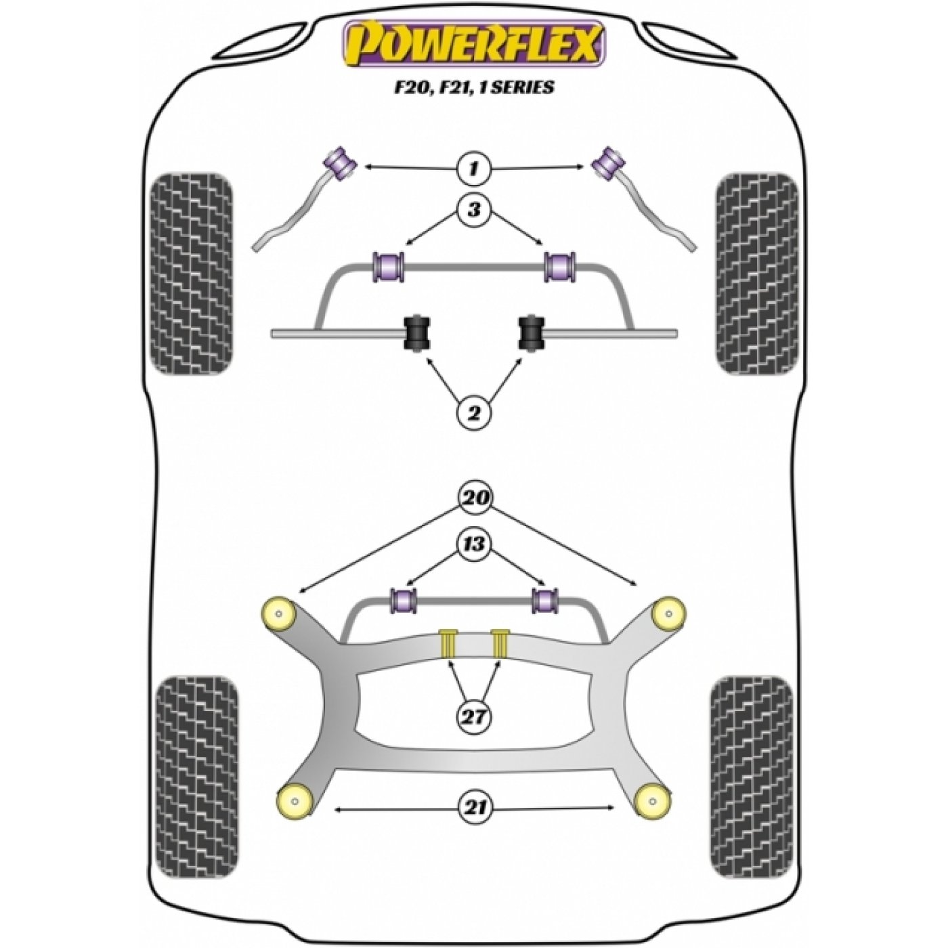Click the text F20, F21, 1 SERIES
point(473,87)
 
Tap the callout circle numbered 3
point(474,211)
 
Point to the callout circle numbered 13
point(474,544)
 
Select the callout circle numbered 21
point(474,821)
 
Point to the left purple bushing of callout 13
point(403,601)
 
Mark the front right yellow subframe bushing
point(668,613)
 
